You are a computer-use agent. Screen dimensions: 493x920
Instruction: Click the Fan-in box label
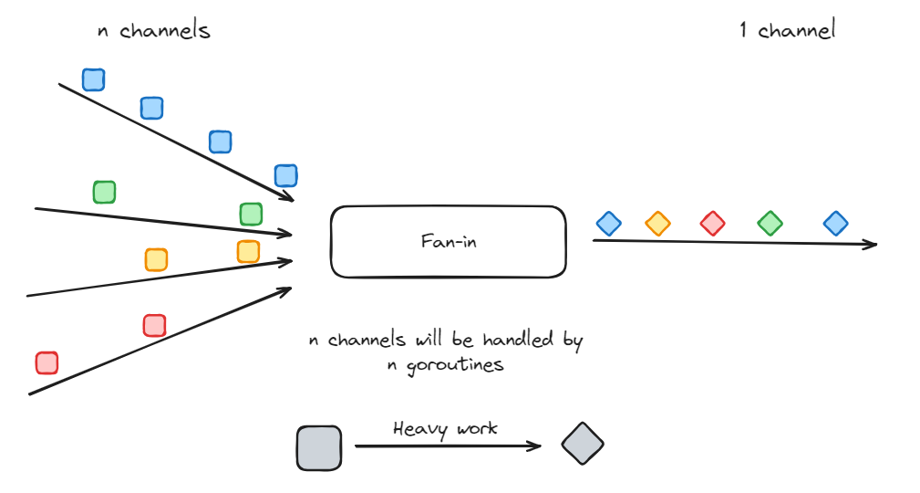tap(448, 242)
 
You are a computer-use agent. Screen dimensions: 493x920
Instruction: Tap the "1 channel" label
tap(786, 30)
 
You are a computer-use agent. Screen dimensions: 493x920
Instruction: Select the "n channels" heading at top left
tap(153, 30)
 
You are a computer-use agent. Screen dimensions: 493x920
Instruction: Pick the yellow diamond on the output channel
tap(657, 223)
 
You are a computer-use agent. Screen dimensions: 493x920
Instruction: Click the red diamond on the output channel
tap(712, 223)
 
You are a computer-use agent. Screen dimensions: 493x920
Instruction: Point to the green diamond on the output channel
tap(770, 223)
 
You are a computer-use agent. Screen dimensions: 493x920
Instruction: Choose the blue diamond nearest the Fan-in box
tap(608, 223)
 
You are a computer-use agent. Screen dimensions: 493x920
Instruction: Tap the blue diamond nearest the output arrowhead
tap(835, 223)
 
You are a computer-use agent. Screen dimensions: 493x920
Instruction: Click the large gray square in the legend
tap(319, 448)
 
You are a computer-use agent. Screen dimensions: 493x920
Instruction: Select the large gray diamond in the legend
tap(582, 445)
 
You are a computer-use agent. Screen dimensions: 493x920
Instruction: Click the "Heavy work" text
tap(445, 428)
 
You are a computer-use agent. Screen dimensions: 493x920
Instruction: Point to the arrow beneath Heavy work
tap(447, 446)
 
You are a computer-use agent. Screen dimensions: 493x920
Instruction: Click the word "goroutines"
tap(446, 364)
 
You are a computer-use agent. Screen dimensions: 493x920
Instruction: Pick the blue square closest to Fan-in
tap(285, 175)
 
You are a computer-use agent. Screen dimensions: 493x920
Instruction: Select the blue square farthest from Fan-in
tap(93, 79)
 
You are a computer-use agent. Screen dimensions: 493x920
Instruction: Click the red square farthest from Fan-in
tap(47, 362)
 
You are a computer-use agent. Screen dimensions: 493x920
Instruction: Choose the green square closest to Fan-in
tap(251, 214)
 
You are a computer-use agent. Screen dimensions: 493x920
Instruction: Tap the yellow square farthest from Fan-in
tap(156, 259)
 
